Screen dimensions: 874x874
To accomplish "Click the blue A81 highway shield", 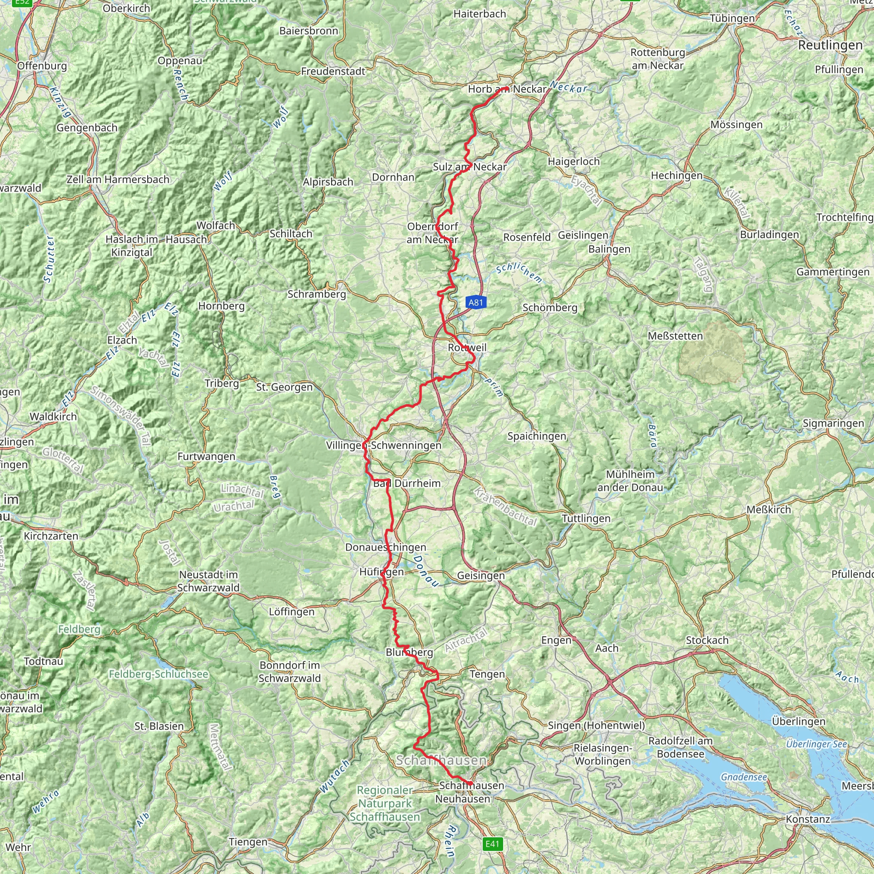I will [475, 302].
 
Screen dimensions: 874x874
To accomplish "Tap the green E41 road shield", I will [492, 844].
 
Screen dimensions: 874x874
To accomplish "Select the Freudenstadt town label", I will [333, 71].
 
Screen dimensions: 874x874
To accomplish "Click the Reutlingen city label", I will [830, 45].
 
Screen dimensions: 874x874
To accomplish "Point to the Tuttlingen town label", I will [586, 519].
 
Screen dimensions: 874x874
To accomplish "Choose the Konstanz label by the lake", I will [808, 819].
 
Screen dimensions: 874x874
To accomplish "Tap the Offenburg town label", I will [42, 66].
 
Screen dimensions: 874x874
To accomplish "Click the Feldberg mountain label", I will [79, 629].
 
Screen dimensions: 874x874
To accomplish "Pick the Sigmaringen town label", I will [833, 423].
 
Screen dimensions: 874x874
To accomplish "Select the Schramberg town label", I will [317, 294].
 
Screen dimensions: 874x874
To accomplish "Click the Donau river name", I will [425, 571].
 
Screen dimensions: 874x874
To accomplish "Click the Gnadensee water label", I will [744, 777].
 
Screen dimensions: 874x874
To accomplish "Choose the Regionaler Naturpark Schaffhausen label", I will [385, 804].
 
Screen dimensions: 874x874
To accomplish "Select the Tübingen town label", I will [732, 18].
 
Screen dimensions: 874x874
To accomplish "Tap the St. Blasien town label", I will [159, 726].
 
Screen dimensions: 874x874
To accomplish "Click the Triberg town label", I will [221, 384].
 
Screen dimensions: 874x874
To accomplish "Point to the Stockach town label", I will [707, 640].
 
